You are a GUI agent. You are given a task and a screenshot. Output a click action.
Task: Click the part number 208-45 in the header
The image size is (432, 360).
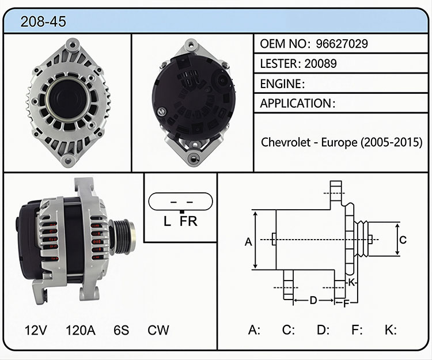tap(43, 21)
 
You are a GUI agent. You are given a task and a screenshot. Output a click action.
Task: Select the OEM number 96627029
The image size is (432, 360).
tap(342, 44)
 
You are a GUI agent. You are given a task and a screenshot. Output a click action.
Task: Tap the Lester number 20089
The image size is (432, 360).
tap(320, 63)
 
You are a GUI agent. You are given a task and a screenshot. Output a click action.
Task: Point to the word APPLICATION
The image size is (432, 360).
tap(295, 103)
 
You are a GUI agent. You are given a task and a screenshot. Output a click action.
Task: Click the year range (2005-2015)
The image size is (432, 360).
tap(392, 142)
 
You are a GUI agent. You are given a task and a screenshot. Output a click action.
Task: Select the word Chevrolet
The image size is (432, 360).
tap(286, 142)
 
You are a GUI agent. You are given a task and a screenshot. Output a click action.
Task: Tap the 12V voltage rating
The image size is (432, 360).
tap(36, 330)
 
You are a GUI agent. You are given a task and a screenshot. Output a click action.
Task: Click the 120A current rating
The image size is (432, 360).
tap(81, 330)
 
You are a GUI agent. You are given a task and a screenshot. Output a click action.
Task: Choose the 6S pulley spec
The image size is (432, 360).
tap(121, 330)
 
